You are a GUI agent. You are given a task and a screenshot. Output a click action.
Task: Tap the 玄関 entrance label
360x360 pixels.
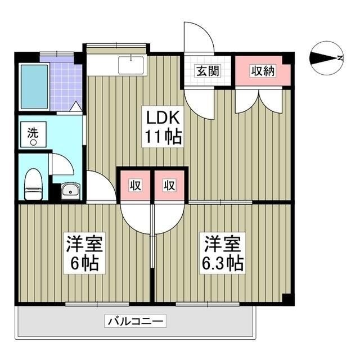(207, 71)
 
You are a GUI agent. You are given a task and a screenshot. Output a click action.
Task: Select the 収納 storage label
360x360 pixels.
(263, 71)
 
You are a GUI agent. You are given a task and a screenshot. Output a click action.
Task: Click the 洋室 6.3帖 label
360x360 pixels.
(223, 254)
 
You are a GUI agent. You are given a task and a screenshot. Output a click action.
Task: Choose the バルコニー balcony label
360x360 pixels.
(135, 322)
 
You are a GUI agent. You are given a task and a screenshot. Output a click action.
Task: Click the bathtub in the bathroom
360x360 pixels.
(34, 87)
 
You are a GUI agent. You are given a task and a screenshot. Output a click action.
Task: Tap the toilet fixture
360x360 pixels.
(34, 184)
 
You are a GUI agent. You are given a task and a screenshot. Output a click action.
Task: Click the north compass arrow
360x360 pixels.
(323, 57)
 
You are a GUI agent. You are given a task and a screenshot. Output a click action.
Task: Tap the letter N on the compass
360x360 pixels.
(340, 57)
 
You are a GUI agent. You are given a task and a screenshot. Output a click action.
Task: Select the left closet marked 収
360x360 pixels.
(135, 184)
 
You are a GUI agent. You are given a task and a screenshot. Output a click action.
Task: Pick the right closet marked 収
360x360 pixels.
(169, 184)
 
